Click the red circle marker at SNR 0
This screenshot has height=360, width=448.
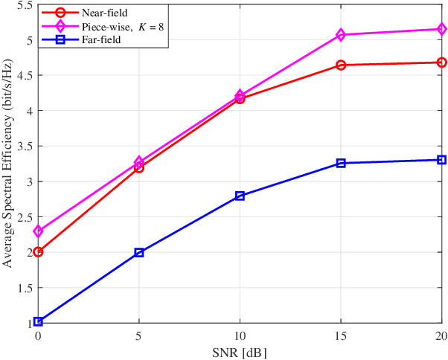coord(38,252)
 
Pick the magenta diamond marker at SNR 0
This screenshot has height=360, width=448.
coord(38,231)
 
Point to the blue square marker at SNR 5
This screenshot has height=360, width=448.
coord(138,253)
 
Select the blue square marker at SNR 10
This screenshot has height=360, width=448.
coord(240,196)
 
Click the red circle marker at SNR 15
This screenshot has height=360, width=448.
coord(341,65)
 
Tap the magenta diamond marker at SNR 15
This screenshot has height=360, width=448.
coord(341,35)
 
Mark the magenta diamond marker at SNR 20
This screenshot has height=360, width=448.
coord(441,29)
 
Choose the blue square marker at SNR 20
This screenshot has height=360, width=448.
coord(441,160)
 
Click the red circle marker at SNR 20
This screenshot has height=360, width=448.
coord(441,62)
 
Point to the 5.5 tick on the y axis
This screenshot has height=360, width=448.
coord(24,5)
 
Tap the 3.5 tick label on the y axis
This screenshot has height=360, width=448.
coord(24,147)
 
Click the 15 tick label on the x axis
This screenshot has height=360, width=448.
coord(341,335)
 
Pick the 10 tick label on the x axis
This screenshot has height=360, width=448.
coord(240,335)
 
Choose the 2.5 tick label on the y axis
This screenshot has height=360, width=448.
coord(24,217)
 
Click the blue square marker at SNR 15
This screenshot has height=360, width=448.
coord(341,163)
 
